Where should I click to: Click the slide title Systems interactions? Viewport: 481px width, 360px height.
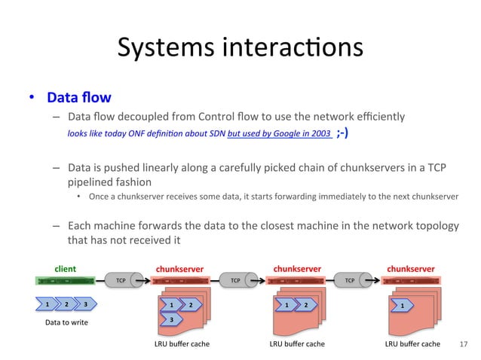[240, 48]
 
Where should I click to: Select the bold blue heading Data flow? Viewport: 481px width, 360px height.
[78, 98]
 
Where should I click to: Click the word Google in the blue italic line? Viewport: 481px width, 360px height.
[290, 133]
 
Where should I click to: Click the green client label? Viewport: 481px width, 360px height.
[64, 267]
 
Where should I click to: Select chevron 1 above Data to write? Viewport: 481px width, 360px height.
[47, 304]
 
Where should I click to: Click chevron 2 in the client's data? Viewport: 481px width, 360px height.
[67, 304]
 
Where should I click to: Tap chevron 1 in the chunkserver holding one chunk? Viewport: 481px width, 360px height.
[402, 306]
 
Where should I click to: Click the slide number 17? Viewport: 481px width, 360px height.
[463, 345]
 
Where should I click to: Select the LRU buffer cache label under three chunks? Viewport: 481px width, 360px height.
[182, 344]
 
